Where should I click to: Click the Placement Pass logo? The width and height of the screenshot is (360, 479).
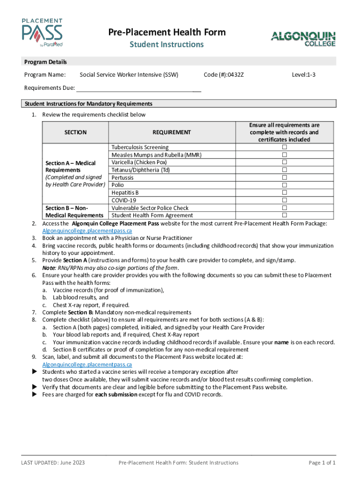click(42, 33)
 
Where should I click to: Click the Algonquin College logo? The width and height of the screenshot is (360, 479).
click(303, 39)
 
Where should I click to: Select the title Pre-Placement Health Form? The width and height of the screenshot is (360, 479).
click(167, 32)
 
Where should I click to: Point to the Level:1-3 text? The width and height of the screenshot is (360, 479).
click(303, 74)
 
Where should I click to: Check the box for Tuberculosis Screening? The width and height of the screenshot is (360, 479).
click(284, 147)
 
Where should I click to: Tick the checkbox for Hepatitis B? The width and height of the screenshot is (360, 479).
click(284, 192)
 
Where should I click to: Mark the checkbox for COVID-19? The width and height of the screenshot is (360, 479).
click(284, 200)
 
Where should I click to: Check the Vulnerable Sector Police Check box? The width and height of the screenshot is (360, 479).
click(284, 208)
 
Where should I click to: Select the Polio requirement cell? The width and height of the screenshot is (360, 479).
click(118, 185)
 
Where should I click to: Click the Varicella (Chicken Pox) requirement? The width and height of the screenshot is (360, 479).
click(139, 162)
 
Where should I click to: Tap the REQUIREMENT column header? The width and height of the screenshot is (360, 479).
click(172, 132)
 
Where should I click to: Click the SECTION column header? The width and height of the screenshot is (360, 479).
click(75, 132)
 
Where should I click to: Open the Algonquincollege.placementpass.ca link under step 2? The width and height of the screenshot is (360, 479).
click(87, 231)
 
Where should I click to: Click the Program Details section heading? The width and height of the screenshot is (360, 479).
click(46, 62)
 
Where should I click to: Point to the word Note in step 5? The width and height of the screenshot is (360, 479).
click(49, 268)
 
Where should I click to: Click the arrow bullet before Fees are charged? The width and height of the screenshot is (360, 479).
click(34, 394)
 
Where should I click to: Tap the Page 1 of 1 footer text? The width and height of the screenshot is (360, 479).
click(322, 463)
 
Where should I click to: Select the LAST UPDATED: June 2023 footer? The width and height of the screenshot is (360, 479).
click(53, 463)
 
